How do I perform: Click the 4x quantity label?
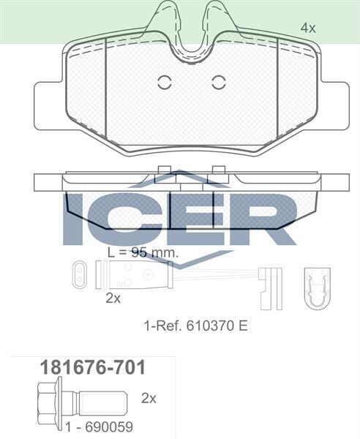[x=307, y=28]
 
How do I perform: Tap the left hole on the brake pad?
[x=163, y=83]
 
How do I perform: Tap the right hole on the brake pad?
[x=218, y=83]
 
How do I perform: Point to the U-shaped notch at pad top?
[x=190, y=40]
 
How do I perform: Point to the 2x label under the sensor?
[x=113, y=298]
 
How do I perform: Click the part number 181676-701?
[x=91, y=367]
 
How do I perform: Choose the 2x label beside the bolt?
[x=149, y=399]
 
